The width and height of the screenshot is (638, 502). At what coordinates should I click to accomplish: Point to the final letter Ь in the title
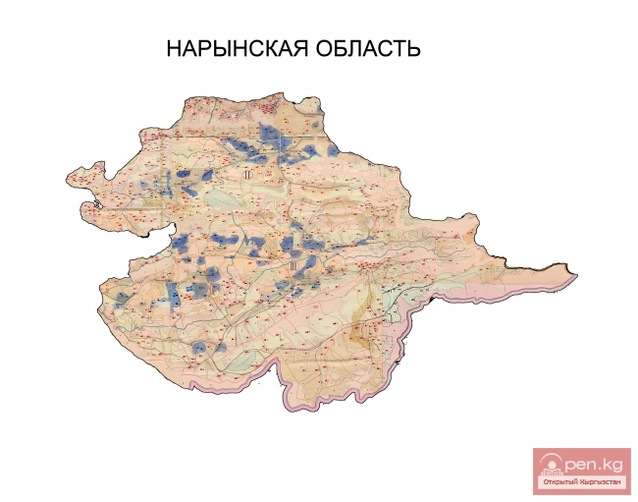pos(415,49)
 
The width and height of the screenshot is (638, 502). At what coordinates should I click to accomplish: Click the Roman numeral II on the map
pos(249,174)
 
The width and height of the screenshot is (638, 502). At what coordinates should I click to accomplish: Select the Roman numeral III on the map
pos(293,264)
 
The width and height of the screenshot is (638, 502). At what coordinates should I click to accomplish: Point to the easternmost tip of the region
pos(575,273)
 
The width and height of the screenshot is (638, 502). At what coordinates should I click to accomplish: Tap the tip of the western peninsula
pos(68,178)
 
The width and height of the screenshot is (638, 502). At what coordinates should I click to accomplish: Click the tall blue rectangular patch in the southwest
pos(173,292)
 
